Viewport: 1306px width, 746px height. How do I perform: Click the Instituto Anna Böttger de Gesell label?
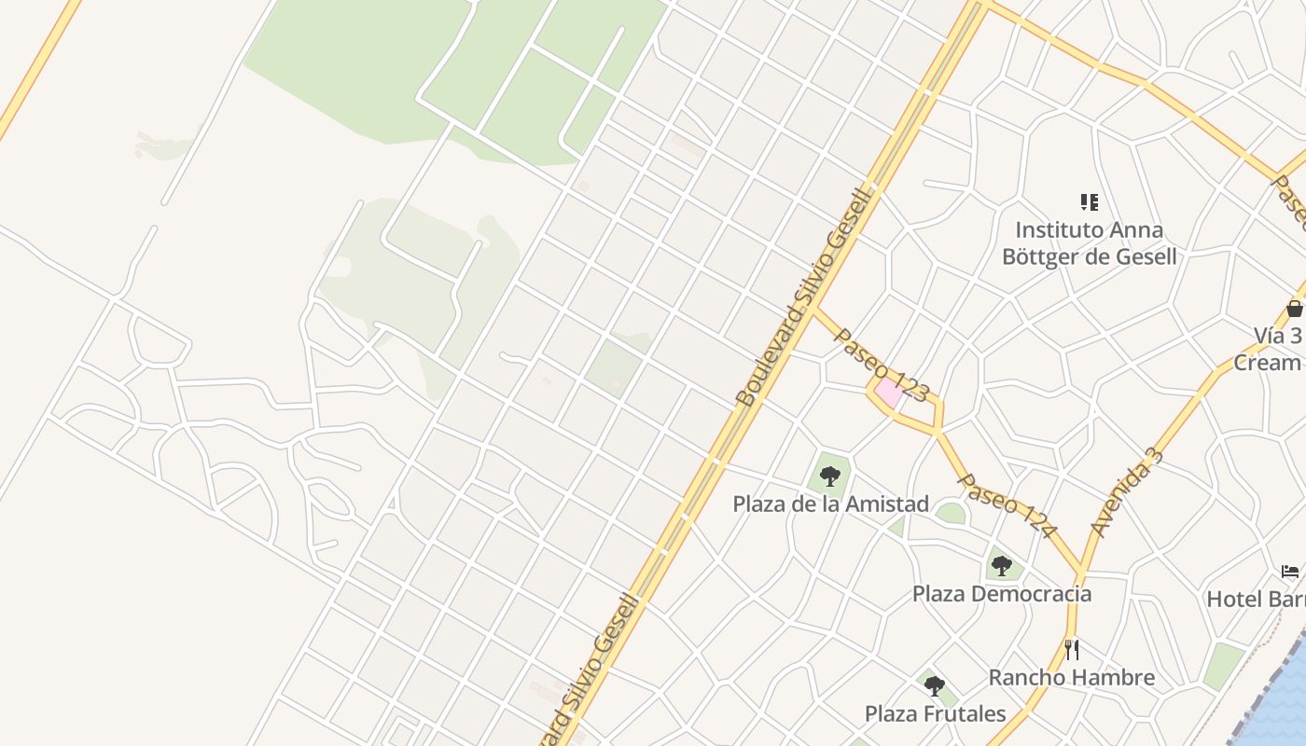tap(1089, 242)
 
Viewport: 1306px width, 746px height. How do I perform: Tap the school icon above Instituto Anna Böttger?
tap(1089, 202)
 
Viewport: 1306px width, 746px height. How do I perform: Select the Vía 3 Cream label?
tap(1269, 349)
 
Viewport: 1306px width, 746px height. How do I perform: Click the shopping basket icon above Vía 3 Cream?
tap(1294, 308)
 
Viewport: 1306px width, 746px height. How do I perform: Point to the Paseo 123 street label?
tap(881, 365)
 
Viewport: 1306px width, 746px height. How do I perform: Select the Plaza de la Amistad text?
tap(830, 504)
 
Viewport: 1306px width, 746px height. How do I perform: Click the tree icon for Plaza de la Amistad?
tap(829, 477)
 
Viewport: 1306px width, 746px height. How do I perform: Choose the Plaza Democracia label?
tap(1001, 594)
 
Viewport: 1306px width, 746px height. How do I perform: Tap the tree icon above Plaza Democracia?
tap(1001, 565)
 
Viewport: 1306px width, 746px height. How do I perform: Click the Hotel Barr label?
tap(1256, 599)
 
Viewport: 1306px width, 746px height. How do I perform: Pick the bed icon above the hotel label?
tap(1291, 571)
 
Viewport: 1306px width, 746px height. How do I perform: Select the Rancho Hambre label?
tap(1071, 678)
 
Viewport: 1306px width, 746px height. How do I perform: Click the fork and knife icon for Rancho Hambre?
tap(1072, 649)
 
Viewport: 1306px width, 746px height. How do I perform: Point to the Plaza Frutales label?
tap(935, 714)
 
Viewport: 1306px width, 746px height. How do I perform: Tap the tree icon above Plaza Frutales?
tap(934, 686)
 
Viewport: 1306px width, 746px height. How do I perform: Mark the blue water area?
tap(1283, 699)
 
